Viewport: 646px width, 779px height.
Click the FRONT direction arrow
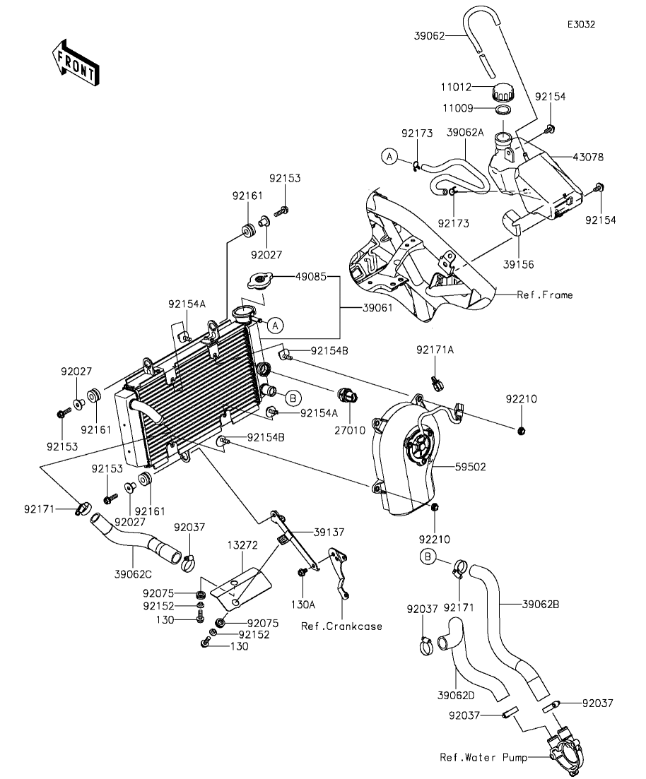click(76, 63)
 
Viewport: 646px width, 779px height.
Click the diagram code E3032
click(582, 24)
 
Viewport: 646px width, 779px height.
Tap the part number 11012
click(456, 88)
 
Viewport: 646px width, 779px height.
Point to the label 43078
click(588, 157)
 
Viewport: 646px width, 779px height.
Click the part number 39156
click(518, 265)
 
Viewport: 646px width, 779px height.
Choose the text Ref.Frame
click(545, 295)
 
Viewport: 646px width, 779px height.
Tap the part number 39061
click(377, 308)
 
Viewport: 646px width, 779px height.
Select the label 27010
click(350, 431)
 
